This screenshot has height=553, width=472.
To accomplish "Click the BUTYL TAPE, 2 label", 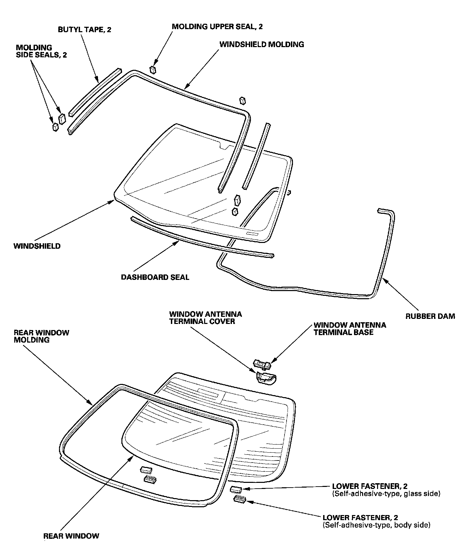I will [x=84, y=30].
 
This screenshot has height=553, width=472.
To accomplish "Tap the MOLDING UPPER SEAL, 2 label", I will [x=217, y=26].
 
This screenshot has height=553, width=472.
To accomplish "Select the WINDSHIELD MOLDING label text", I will [x=262, y=44].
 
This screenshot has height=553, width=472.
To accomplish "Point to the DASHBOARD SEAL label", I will [x=155, y=277].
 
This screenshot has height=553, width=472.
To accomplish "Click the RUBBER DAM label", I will [x=430, y=316].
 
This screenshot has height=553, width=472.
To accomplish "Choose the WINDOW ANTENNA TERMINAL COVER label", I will [x=205, y=318].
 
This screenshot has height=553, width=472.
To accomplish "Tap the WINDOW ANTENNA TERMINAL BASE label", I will [x=350, y=329].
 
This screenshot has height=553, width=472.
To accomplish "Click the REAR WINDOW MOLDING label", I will [x=41, y=336].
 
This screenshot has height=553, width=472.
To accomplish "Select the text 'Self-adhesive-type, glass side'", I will [x=386, y=494].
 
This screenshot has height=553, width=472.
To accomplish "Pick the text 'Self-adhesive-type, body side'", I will [x=376, y=525].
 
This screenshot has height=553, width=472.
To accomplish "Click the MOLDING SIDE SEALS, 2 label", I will [x=41, y=51].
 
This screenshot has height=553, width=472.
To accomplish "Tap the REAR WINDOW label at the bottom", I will [x=71, y=536].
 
